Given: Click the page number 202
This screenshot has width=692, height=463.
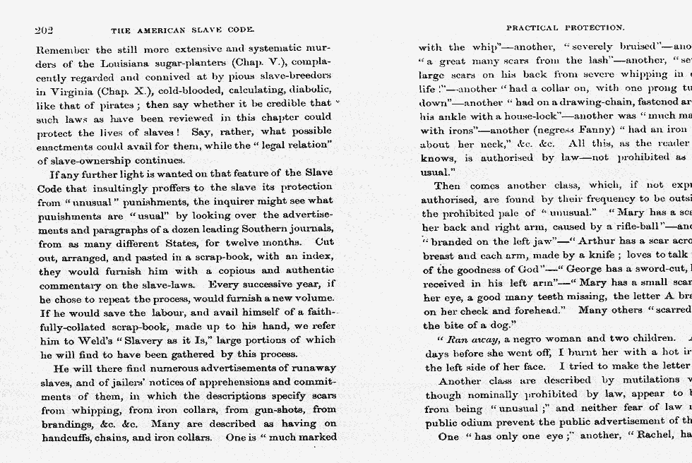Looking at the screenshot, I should [x=44, y=30].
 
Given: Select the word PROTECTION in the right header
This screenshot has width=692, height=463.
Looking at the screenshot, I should [x=593, y=28].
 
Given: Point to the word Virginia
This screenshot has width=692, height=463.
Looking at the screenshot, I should [x=65, y=91].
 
